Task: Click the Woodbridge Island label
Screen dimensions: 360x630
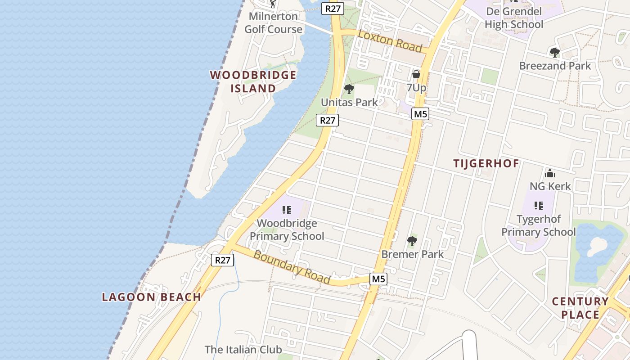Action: click(253, 81)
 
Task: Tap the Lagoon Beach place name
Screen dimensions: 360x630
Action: click(151, 297)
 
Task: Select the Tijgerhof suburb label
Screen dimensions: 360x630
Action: click(486, 163)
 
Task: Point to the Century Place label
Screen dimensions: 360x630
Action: click(580, 308)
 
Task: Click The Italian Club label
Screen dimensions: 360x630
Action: click(243, 349)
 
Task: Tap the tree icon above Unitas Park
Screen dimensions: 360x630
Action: click(349, 89)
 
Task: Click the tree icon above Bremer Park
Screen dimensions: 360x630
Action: click(412, 241)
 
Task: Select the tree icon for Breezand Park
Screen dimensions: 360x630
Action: click(555, 53)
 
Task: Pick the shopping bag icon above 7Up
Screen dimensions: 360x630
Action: click(416, 74)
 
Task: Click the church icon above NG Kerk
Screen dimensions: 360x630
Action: click(550, 173)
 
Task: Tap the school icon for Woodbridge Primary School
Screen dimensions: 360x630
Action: click(287, 210)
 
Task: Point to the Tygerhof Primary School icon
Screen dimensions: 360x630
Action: click(538, 206)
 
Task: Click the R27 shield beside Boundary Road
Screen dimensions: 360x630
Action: click(223, 260)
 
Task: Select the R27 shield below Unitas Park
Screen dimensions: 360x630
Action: click(327, 120)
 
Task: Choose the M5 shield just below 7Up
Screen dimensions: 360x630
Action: click(420, 114)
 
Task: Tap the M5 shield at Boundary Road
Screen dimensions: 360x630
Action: click(378, 279)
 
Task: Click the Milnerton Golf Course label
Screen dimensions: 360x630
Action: click(273, 23)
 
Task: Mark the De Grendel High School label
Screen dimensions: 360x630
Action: click(514, 18)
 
